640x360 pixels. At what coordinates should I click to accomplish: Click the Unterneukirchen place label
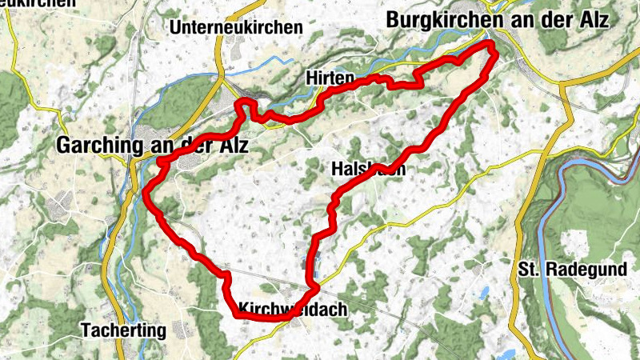pyautogui.click(x=237, y=27)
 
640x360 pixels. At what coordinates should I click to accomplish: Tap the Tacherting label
pyautogui.click(x=123, y=330)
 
